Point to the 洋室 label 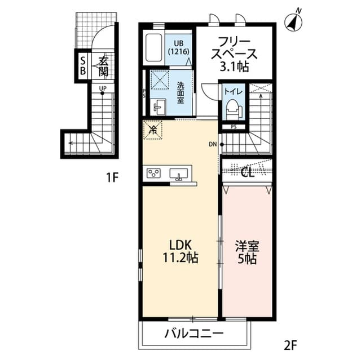click(x=246, y=246)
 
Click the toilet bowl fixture click(x=232, y=107)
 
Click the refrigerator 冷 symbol click(x=153, y=130)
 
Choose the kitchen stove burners click(x=154, y=173)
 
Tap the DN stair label click(x=213, y=145)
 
